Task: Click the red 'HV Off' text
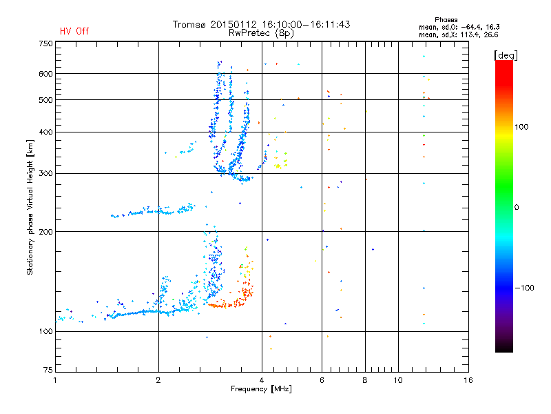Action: [x=74, y=31]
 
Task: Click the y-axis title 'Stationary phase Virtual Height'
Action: [x=30, y=207]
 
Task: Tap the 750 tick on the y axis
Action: [x=45, y=43]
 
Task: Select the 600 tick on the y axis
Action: [x=45, y=74]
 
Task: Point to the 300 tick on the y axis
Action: [x=45, y=173]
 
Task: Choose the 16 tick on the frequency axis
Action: [x=468, y=380]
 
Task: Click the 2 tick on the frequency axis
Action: [x=158, y=380]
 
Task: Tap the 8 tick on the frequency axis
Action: [x=365, y=380]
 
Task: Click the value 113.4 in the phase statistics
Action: [x=469, y=34]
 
